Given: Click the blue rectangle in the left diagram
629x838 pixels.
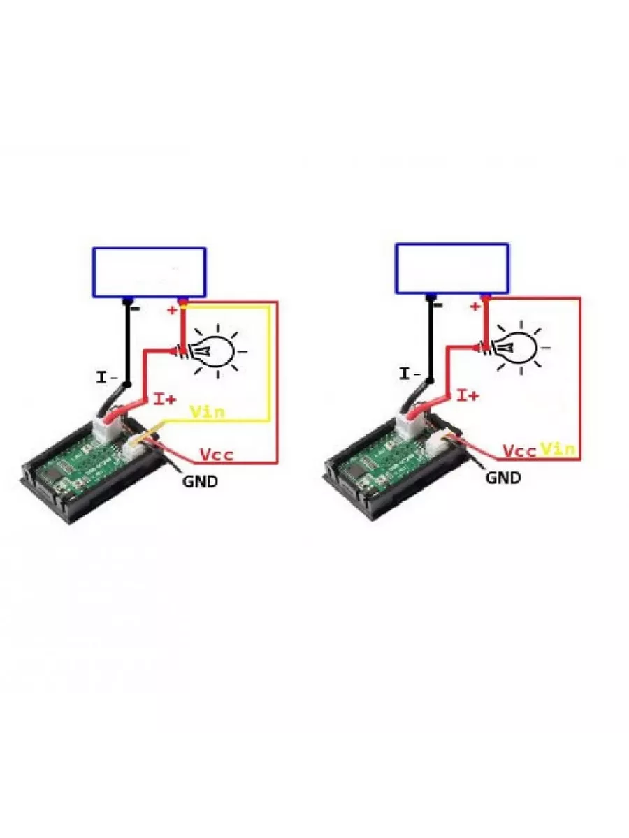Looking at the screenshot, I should coord(149,272).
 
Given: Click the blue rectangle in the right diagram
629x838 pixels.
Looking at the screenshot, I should coord(452,269).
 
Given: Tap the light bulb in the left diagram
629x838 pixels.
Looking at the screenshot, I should coord(214,347).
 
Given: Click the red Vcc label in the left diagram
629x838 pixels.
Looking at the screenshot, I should coord(217,455).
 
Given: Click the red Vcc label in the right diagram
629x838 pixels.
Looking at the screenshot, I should coord(520,450).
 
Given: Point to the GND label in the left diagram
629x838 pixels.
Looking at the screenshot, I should coord(201,480).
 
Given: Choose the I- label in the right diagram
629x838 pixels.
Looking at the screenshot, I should coord(410,374).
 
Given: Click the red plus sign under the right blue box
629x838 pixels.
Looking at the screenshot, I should coord(475,307).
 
